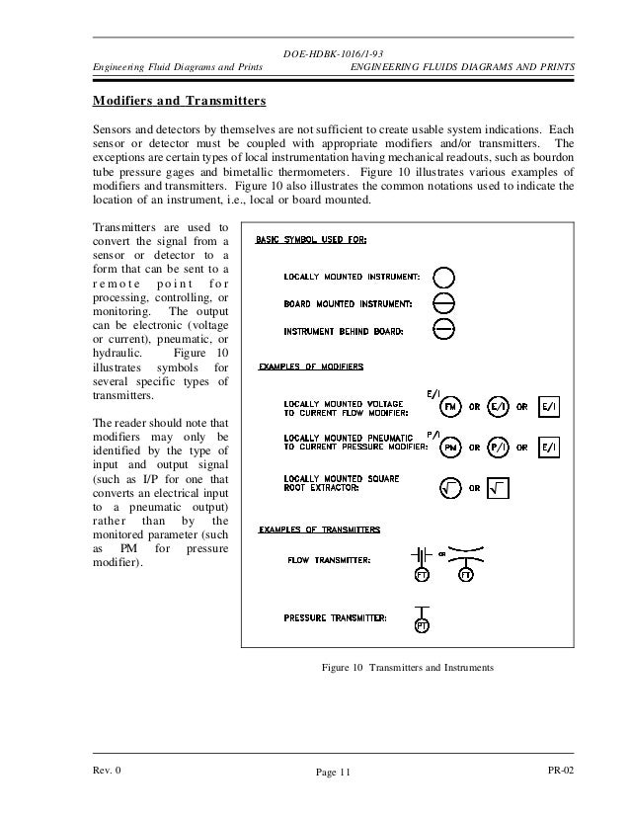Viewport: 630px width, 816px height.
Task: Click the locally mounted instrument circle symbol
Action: click(x=444, y=276)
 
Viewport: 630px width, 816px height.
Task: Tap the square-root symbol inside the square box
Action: click(x=500, y=485)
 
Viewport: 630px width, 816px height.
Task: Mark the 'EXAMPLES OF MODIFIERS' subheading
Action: click(x=311, y=367)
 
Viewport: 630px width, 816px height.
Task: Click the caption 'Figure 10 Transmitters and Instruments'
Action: click(x=407, y=669)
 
